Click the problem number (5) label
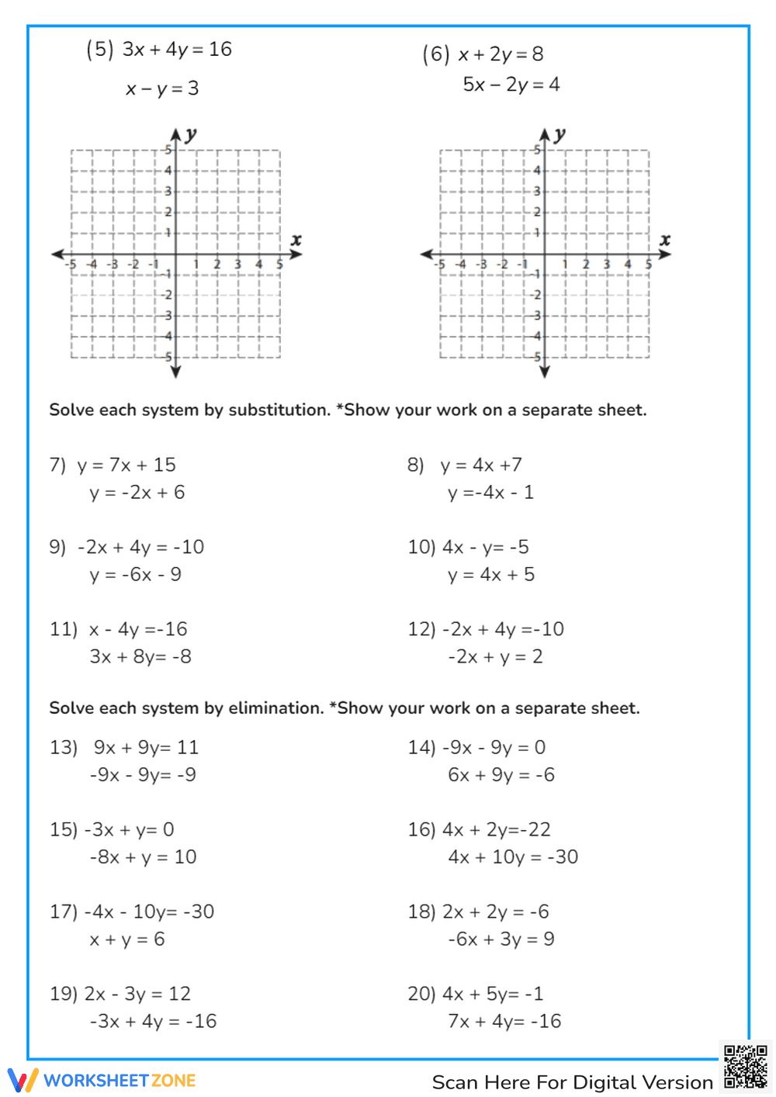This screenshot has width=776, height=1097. (99, 50)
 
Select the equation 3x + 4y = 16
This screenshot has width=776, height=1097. (177, 50)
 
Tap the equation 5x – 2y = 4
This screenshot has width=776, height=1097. (511, 85)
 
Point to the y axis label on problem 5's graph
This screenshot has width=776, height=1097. (191, 134)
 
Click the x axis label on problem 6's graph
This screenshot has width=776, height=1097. (665, 241)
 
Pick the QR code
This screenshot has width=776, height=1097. (745, 1067)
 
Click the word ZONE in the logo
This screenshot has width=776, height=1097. (174, 1081)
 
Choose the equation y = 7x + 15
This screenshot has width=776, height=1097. (126, 465)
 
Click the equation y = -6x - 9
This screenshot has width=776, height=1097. (135, 575)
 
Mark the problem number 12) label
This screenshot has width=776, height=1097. (421, 629)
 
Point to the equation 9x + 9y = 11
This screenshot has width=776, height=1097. (146, 747)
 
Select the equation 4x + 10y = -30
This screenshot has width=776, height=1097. (513, 857)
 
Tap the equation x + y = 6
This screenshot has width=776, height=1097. (126, 940)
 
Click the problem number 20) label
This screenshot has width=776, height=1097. (421, 994)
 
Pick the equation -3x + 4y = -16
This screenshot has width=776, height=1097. (153, 1022)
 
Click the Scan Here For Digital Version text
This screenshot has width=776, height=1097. (572, 1082)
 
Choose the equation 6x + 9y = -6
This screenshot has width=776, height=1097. (501, 775)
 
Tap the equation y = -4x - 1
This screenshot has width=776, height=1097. (490, 493)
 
